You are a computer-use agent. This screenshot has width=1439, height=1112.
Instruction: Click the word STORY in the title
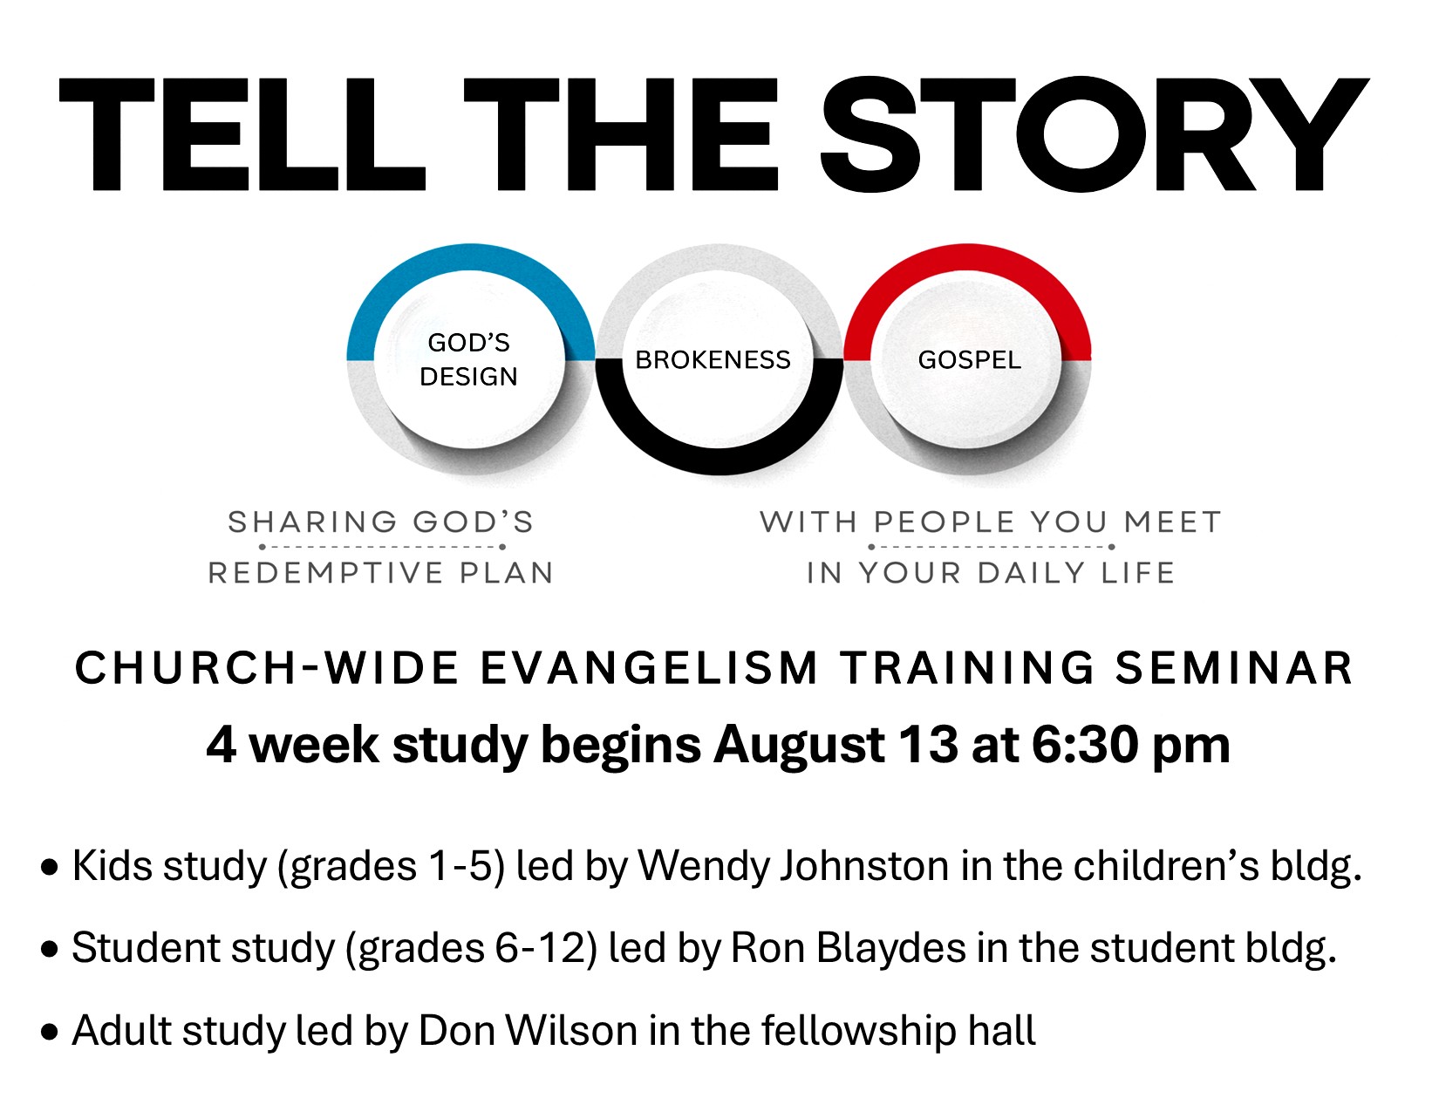(x=1095, y=134)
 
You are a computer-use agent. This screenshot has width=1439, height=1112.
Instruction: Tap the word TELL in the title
(x=242, y=134)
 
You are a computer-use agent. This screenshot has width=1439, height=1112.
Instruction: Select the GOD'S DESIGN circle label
(x=469, y=359)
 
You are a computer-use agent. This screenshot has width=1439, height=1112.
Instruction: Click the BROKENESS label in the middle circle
(x=713, y=359)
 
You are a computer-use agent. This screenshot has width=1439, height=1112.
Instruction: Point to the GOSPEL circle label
(x=970, y=359)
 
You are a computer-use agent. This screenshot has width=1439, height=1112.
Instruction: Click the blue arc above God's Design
(x=471, y=257)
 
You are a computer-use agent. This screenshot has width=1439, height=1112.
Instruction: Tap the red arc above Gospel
(x=967, y=257)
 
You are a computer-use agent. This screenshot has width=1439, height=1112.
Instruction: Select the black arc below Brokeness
(x=719, y=461)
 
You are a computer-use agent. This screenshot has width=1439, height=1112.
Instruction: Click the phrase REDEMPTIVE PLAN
(x=381, y=573)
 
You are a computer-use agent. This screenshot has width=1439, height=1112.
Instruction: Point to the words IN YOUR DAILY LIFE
(x=991, y=573)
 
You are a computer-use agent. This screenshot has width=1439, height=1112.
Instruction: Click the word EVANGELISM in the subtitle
(x=649, y=667)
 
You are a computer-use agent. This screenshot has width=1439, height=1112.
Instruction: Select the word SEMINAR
(x=1234, y=667)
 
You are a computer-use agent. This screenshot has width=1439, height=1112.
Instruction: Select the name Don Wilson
(x=529, y=1031)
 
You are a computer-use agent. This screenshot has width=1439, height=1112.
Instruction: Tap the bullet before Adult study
(x=49, y=1033)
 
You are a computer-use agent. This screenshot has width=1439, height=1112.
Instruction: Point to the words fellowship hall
(x=898, y=1031)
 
